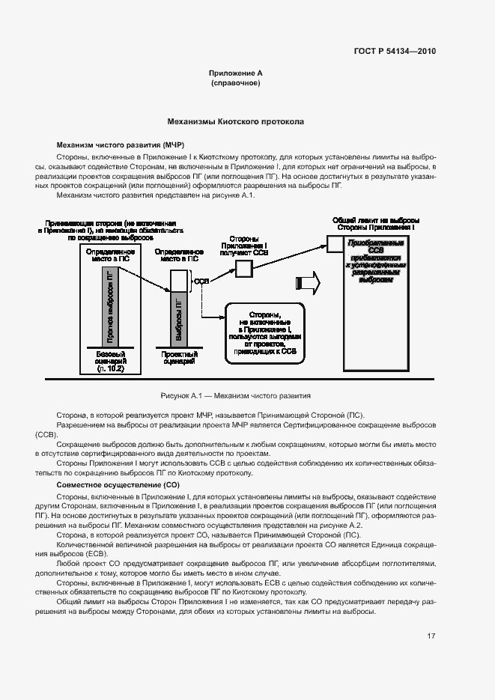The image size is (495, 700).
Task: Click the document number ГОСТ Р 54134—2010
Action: coord(394,52)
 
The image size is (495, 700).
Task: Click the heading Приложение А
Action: coord(235,73)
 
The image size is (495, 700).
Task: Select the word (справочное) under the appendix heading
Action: coord(235,83)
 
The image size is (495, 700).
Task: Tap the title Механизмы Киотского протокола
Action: coord(235,121)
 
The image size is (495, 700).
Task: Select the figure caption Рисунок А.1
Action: coord(235,395)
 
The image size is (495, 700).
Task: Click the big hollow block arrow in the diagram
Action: coord(309,282)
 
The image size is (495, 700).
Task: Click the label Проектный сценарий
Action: coord(180,357)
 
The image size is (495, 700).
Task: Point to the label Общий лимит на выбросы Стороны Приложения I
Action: coord(375,224)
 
